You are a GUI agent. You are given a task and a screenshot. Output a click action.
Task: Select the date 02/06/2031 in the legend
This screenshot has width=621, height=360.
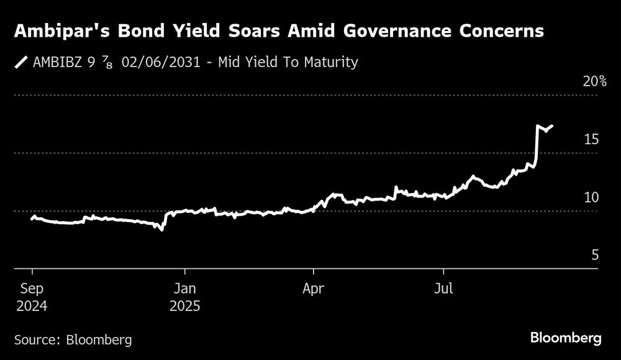(x=163, y=63)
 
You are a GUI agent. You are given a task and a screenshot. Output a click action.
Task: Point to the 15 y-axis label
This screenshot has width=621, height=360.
(x=592, y=140)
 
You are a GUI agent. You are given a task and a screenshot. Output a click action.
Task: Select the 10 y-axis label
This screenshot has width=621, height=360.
(x=592, y=197)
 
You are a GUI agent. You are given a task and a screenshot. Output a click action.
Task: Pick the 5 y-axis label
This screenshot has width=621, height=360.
(x=595, y=255)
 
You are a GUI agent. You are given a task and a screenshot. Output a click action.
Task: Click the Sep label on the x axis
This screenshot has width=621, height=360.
(x=32, y=289)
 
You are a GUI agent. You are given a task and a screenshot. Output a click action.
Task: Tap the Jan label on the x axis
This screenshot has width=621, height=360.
(x=184, y=289)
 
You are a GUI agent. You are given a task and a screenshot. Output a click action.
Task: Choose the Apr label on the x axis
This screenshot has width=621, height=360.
(x=314, y=289)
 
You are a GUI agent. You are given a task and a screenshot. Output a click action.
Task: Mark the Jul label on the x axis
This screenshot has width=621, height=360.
(x=443, y=289)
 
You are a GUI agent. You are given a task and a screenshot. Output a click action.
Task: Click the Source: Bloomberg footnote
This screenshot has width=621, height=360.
(x=73, y=340)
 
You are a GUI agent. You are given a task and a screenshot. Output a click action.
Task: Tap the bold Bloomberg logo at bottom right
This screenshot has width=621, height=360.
(x=566, y=338)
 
